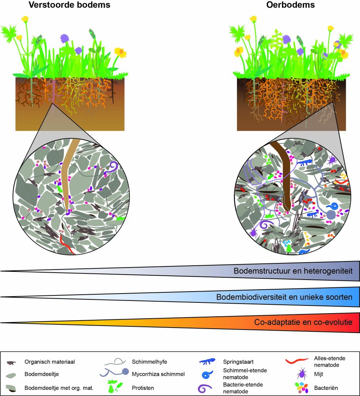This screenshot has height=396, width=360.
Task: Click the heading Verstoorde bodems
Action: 70,5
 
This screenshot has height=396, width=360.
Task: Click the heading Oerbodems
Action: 290,5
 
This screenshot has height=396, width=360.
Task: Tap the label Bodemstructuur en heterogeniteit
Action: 293,271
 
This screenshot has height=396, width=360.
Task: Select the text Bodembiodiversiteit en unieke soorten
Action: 284,297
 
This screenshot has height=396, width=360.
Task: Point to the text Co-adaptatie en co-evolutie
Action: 303,322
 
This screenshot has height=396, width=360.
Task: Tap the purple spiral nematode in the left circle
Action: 112,167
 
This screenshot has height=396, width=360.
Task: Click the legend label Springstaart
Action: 238,362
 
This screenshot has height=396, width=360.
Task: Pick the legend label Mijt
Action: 319,374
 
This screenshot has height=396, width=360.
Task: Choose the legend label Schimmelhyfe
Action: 150,362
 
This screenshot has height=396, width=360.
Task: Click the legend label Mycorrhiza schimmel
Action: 158,374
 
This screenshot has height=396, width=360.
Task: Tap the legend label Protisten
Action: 143,388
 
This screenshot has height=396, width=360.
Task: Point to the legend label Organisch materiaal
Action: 50,362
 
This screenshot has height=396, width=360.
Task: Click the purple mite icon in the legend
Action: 302,374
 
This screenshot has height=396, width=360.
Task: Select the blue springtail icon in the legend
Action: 207,362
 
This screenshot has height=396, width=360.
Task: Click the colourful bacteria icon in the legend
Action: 302,387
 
